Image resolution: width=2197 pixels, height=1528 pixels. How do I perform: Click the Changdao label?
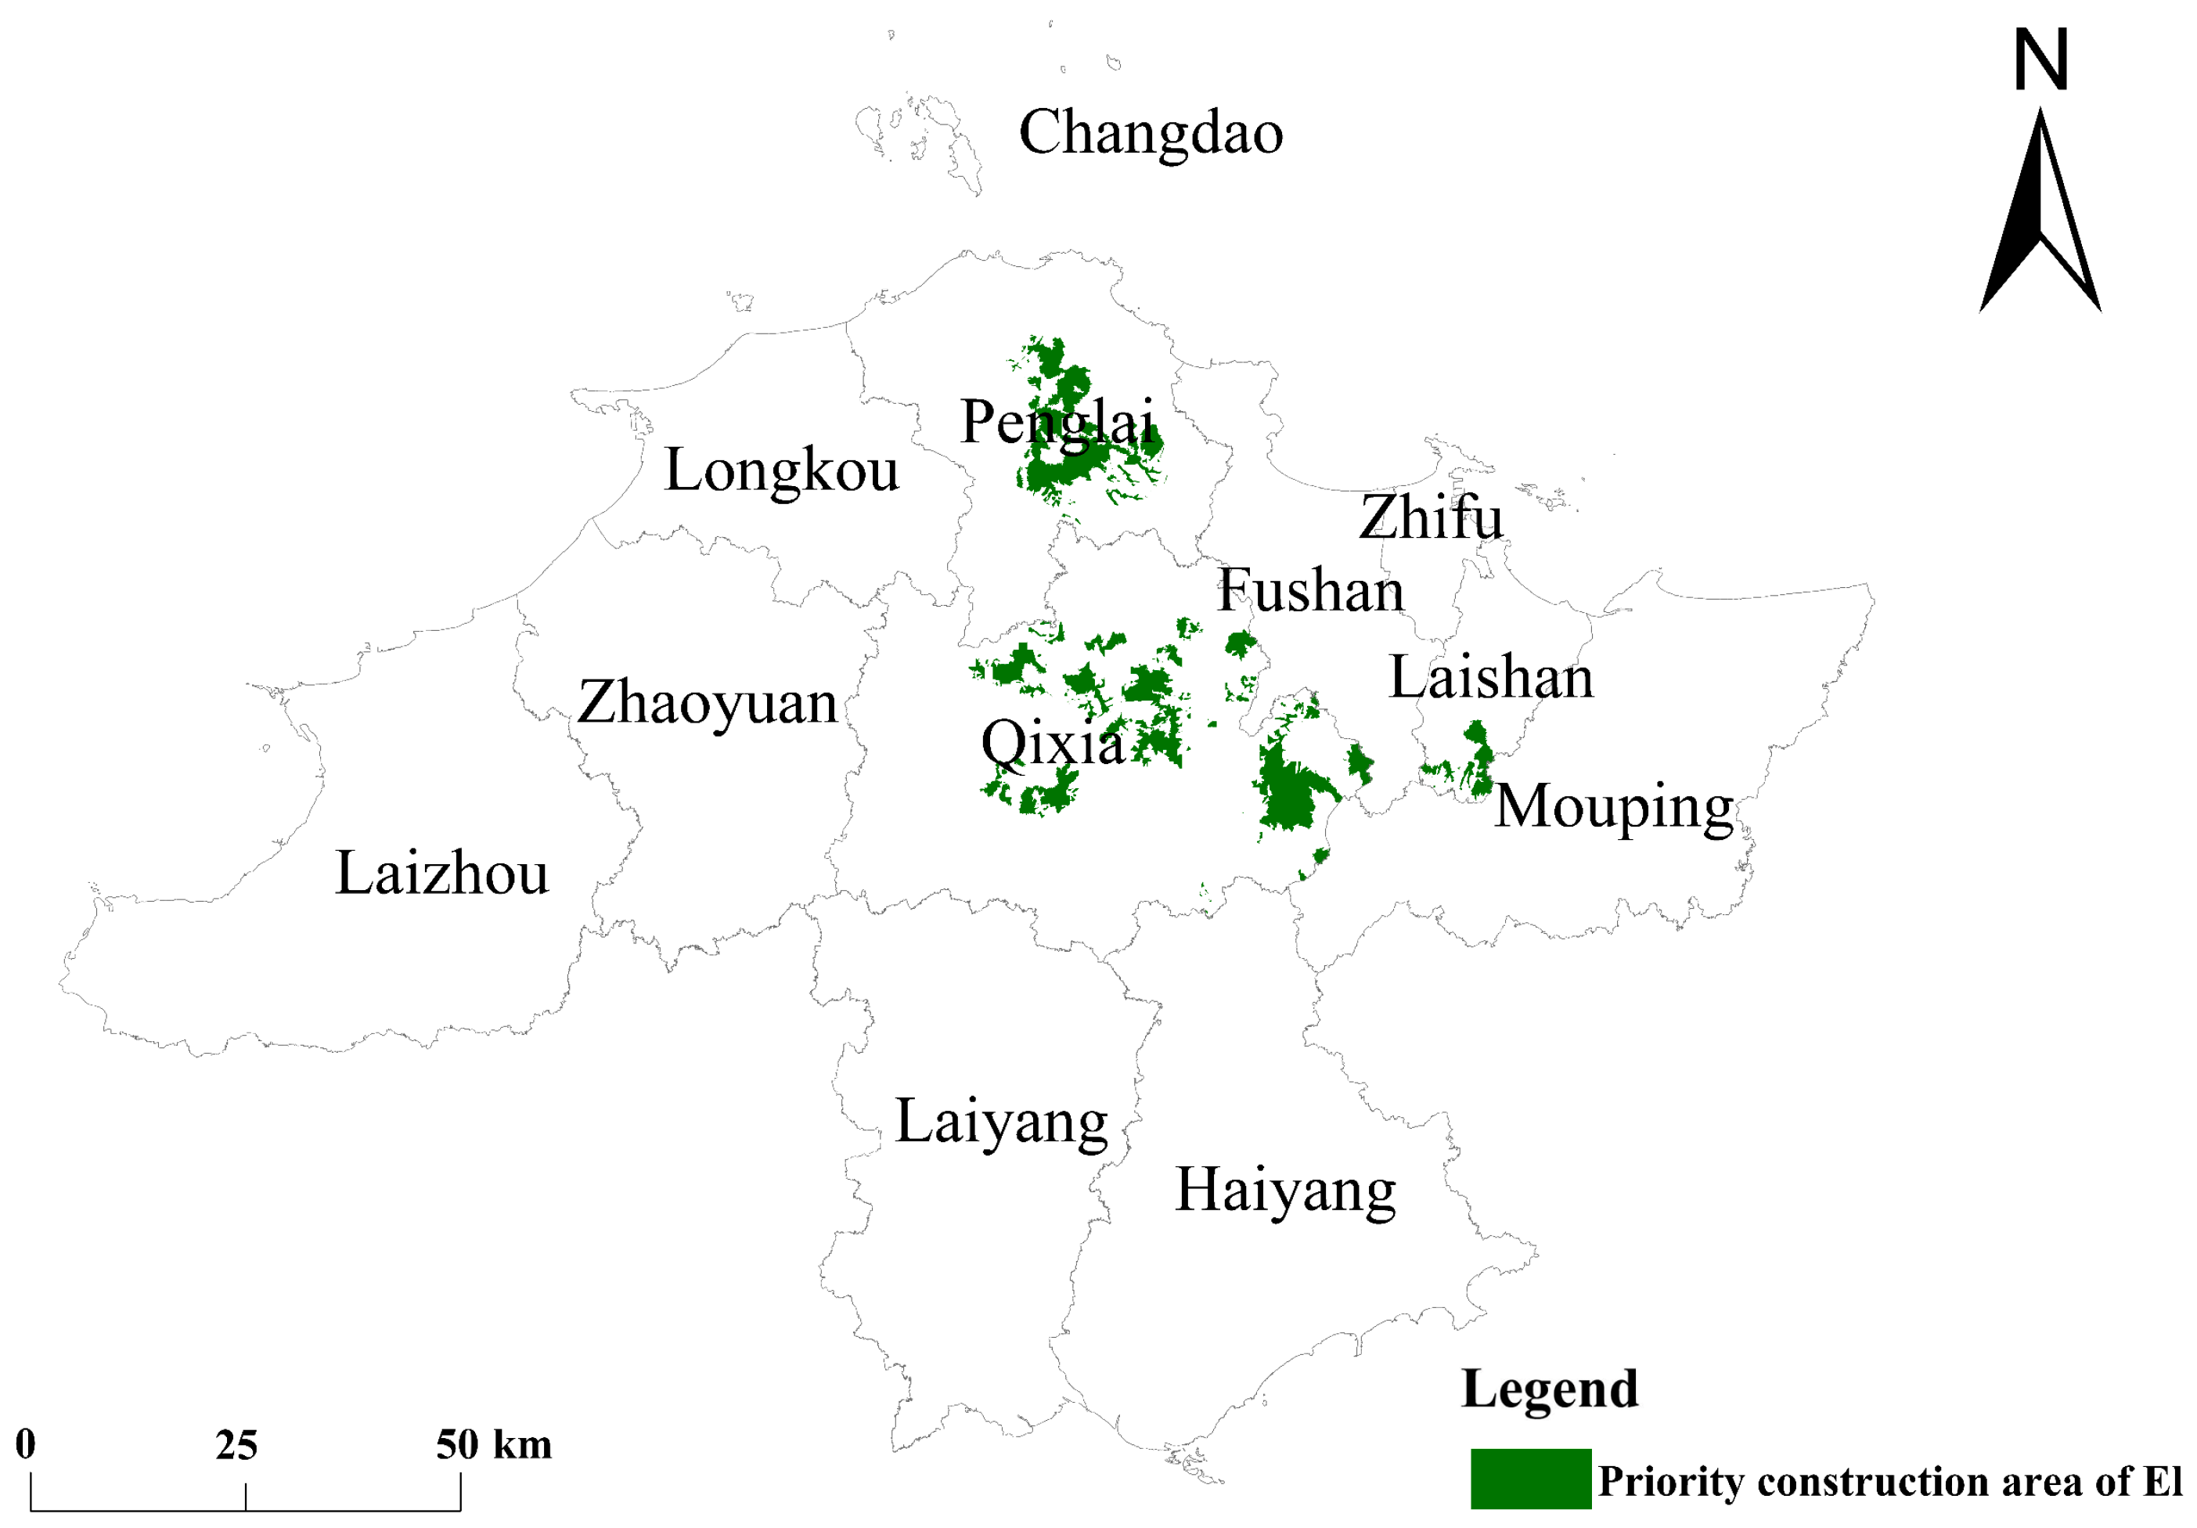[1151, 133]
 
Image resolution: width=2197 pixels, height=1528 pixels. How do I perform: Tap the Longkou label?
[782, 470]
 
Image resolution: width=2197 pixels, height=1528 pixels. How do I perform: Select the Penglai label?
[1057, 422]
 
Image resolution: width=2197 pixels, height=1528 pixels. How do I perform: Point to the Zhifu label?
[1431, 517]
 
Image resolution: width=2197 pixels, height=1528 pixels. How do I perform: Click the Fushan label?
[1310, 590]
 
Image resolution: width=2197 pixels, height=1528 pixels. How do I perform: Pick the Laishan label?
[1491, 679]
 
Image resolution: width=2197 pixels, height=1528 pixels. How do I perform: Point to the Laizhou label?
[442, 874]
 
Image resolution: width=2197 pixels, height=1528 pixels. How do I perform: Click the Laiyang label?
[1001, 1123]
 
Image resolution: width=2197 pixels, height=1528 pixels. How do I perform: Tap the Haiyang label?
[1285, 1192]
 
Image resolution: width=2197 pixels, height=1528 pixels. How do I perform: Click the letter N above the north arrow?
[2041, 59]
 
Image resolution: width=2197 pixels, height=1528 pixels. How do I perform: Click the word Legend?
[1549, 1389]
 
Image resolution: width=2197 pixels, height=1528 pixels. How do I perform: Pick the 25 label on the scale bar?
[236, 1445]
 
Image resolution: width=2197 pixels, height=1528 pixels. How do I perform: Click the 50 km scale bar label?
[494, 1445]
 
